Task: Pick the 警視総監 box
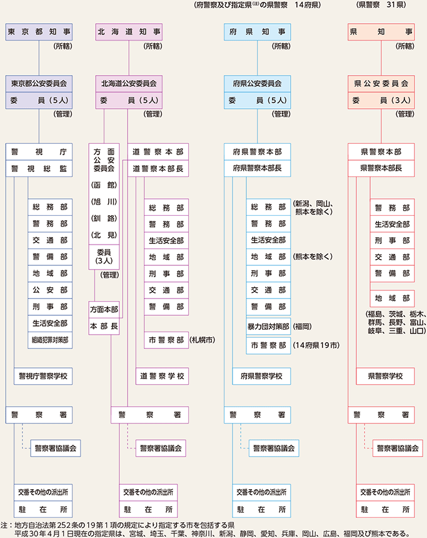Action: coord(39,168)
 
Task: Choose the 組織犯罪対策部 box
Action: coord(49,340)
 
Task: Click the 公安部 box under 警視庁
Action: coord(49,290)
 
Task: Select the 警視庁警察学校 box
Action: coord(49,376)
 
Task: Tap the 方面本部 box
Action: coord(104,309)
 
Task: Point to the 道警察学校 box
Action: coord(162,376)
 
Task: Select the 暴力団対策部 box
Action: coord(268,327)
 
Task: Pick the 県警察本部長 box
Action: coord(381,168)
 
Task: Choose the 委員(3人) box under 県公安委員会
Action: coord(381,99)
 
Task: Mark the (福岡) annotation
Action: coord(304,327)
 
